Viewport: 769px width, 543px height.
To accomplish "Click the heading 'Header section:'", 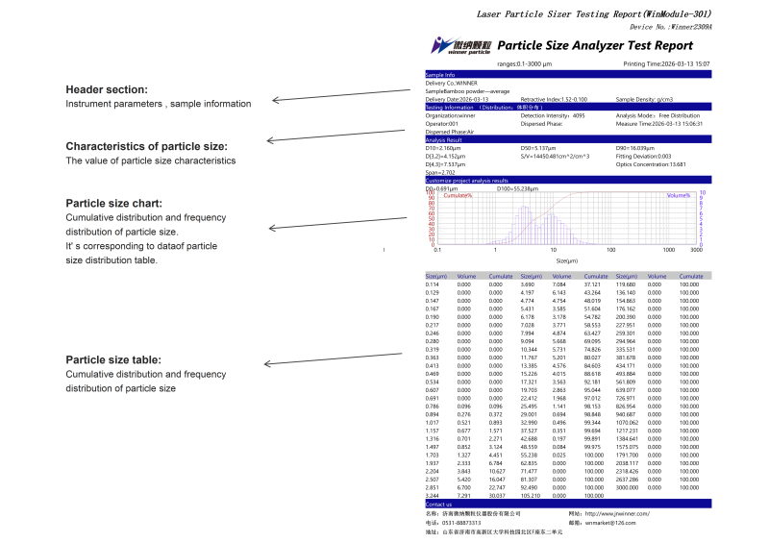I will (x=107, y=88).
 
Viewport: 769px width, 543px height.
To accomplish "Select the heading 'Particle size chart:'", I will (x=120, y=203).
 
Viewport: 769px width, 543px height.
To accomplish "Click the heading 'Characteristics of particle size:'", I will (x=146, y=146).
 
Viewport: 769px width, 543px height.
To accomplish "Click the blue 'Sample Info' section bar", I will (x=567, y=74).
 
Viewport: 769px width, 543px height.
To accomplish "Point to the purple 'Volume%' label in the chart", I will (x=679, y=195).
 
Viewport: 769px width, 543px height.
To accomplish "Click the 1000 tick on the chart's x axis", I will (x=668, y=249).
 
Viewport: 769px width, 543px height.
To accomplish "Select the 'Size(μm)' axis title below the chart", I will (x=567, y=260).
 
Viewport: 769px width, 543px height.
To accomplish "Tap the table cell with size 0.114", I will (x=433, y=284).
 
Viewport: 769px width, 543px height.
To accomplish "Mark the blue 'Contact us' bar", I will (x=567, y=504).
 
